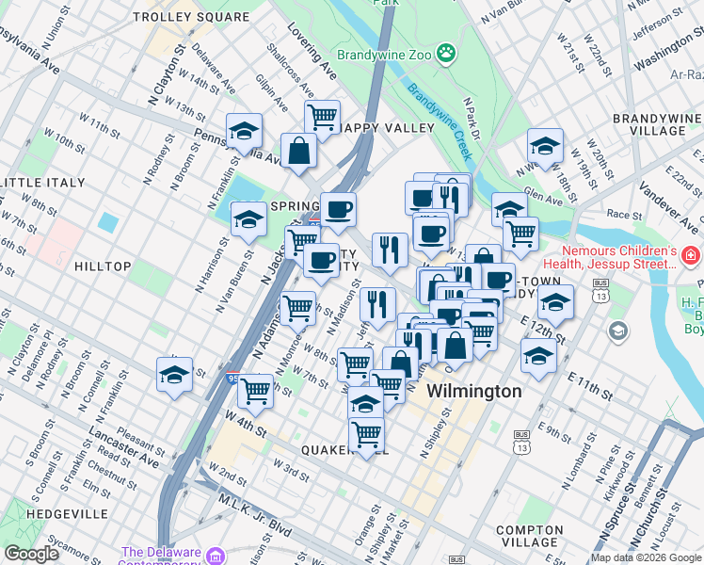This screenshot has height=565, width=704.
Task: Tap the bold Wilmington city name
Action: click(474, 391)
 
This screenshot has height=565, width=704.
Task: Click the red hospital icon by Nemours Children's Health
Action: click(690, 255)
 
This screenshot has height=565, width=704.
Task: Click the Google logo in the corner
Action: click(31, 554)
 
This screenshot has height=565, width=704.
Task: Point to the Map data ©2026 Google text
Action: click(646, 557)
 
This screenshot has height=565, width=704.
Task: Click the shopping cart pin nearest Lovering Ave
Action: click(322, 117)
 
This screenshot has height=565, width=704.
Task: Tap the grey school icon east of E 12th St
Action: click(617, 331)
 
